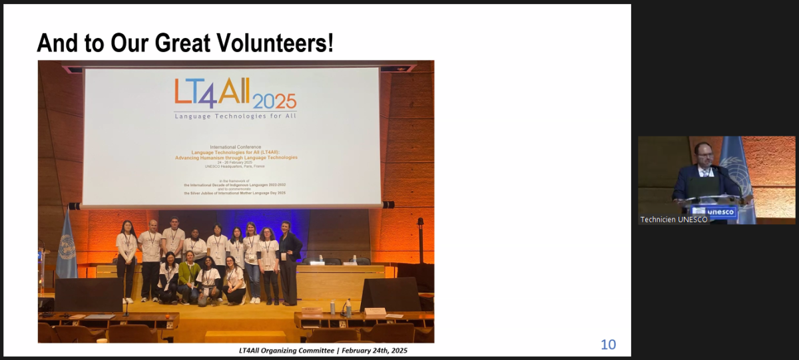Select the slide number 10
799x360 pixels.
pos(608,345)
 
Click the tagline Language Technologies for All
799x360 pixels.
pos(235,116)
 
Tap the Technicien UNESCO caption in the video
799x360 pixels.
pos(674,220)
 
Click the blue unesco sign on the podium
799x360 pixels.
pos(720,212)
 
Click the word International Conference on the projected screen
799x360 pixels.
pos(235,146)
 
